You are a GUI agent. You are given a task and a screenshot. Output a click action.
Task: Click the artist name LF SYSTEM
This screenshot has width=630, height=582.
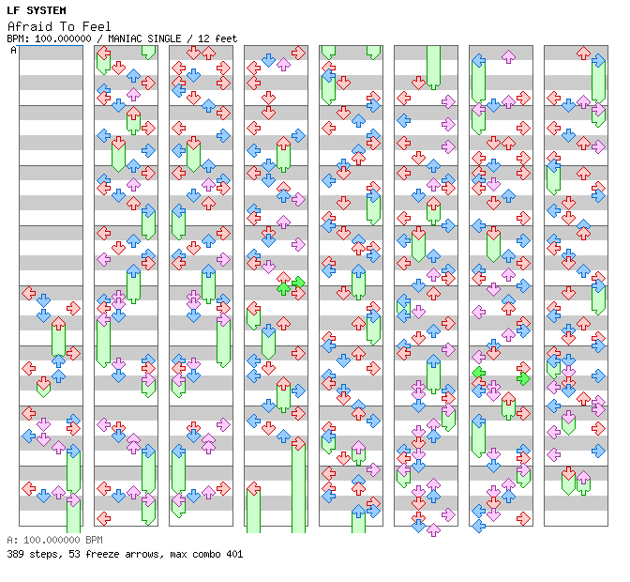click(36, 10)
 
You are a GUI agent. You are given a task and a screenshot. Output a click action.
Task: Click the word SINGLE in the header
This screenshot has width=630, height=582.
click(167, 38)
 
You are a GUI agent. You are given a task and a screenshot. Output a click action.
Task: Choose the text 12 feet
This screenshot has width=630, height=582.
click(217, 38)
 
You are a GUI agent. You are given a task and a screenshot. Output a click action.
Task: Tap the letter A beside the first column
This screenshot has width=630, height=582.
click(13, 50)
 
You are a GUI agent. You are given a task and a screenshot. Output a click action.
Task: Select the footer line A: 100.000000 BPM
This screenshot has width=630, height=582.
click(53, 541)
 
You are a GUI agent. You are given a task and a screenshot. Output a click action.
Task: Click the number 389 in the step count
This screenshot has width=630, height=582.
click(16, 554)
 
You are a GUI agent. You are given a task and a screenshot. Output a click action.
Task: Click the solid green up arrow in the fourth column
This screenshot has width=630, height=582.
click(283, 288)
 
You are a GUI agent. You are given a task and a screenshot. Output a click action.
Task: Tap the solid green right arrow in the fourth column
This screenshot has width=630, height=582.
click(298, 282)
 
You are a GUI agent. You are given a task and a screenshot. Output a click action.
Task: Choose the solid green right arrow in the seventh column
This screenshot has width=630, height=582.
click(523, 378)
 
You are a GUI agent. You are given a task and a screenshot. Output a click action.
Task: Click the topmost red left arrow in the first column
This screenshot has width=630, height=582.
click(28, 295)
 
